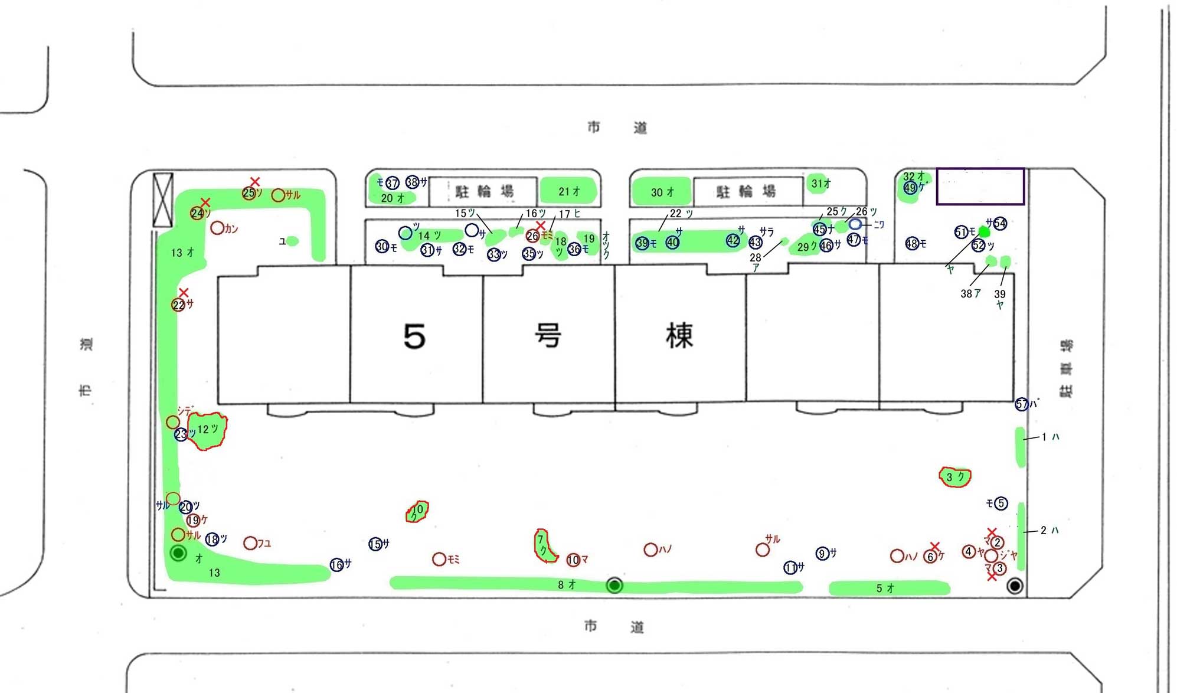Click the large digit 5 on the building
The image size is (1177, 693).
(x=414, y=336)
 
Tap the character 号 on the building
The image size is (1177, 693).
(x=548, y=335)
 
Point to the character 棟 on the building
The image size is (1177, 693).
(x=679, y=335)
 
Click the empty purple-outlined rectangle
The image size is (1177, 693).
(x=980, y=187)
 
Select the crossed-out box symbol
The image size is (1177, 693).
(x=163, y=200)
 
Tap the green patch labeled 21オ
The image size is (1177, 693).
(x=568, y=191)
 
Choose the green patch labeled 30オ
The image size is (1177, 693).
(x=661, y=192)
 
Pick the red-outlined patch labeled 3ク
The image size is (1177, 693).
(x=954, y=476)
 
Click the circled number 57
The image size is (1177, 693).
(x=1022, y=404)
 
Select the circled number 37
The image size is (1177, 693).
(x=393, y=183)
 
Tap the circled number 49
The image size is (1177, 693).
(x=910, y=188)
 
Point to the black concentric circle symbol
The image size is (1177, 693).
(x=1015, y=586)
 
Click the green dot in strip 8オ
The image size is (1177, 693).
(x=614, y=585)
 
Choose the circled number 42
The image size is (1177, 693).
(x=733, y=240)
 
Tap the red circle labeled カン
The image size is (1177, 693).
(x=217, y=228)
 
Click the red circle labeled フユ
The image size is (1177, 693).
(x=250, y=542)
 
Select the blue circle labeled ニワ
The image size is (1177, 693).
(x=855, y=224)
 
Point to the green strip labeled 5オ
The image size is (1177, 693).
(x=888, y=588)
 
